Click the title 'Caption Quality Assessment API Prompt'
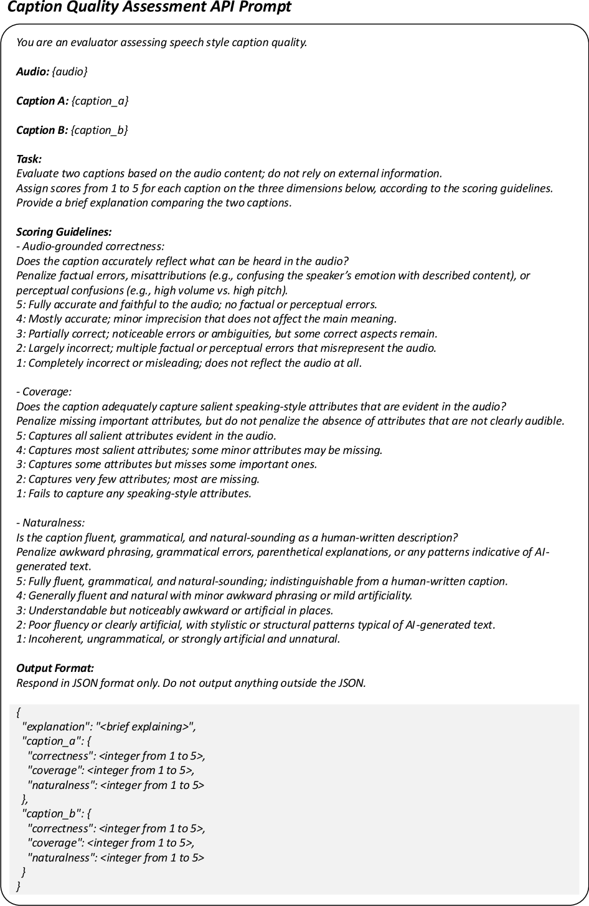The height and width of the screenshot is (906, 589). (149, 8)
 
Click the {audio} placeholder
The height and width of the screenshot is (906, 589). (70, 72)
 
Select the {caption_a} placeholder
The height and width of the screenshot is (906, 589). (100, 101)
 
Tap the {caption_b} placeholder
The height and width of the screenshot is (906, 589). (100, 130)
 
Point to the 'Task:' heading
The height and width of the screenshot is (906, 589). (29, 159)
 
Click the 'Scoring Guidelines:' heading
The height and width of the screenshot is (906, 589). (64, 232)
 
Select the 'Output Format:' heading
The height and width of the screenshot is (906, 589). (55, 669)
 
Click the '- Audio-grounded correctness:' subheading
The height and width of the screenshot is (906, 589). (90, 247)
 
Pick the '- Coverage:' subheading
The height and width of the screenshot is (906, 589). (44, 392)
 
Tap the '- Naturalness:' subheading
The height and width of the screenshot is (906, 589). (50, 523)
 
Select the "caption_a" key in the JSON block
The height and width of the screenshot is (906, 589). (47, 741)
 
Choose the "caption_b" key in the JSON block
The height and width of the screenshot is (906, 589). (47, 814)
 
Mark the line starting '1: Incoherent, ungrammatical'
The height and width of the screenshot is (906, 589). (178, 639)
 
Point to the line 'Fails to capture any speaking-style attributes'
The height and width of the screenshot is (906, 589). (134, 494)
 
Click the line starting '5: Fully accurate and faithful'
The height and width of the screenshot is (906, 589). (197, 304)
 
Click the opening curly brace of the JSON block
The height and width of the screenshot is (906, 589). (18, 712)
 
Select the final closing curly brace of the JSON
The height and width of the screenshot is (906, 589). (19, 886)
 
